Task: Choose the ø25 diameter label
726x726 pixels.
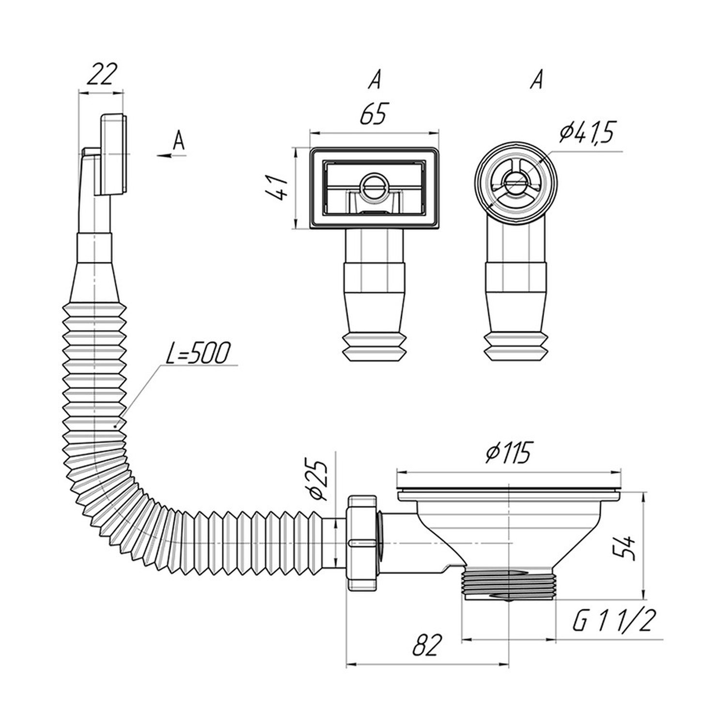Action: click(x=318, y=480)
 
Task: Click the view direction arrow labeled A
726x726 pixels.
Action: click(x=171, y=155)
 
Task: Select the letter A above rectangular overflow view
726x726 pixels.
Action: click(x=374, y=79)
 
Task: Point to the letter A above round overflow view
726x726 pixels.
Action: click(x=535, y=79)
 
